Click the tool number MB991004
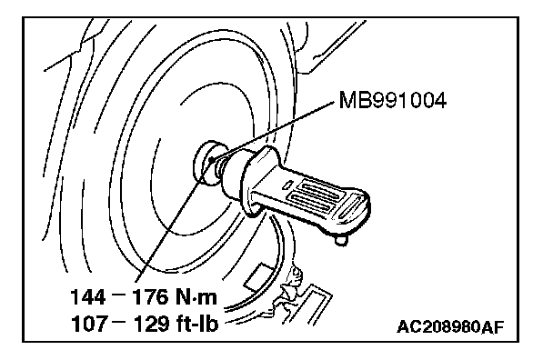point(393,100)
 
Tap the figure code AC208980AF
point(450,327)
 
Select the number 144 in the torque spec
point(88,296)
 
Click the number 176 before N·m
point(149,296)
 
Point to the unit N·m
point(196,296)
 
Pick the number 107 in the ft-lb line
point(88,324)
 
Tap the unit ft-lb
point(196,324)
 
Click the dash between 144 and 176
point(118,293)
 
